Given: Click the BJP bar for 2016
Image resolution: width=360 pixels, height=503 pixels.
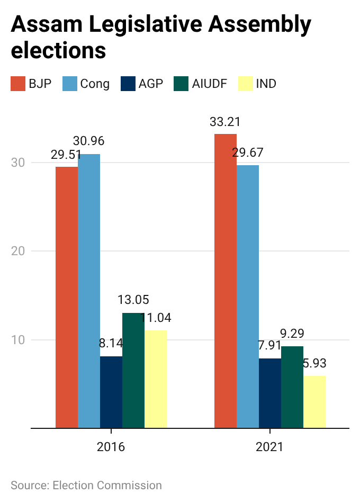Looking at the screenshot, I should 67,297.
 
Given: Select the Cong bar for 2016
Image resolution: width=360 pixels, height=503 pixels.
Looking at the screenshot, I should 89,291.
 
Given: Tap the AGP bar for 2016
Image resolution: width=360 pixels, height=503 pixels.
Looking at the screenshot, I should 111,392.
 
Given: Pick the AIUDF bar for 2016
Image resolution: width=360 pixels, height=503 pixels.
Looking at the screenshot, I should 133,370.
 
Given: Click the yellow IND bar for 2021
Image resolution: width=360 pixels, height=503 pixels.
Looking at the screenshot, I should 314,402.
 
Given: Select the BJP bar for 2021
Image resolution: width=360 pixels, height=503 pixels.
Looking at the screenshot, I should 226,281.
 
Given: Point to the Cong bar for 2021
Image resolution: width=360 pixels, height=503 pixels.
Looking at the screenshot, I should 248,297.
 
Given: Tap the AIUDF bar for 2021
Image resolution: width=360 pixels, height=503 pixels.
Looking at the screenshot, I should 292,387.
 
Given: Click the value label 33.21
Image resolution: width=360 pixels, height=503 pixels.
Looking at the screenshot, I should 225,122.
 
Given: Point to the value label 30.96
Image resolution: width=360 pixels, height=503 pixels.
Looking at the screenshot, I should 88,141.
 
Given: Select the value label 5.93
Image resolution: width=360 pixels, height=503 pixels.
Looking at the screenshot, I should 314,364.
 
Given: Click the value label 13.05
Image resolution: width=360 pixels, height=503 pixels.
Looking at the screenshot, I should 133,300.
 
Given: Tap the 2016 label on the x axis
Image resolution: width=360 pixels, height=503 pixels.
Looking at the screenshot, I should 111,447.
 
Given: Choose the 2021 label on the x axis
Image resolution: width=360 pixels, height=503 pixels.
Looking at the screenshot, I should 270,447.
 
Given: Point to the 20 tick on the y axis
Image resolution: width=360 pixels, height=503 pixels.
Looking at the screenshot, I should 19,251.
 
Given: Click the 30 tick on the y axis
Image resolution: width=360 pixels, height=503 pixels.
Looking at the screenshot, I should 19,163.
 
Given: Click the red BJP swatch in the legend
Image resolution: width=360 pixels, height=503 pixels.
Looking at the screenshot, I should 18,84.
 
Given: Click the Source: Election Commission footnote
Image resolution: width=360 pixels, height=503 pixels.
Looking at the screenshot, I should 86,485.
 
